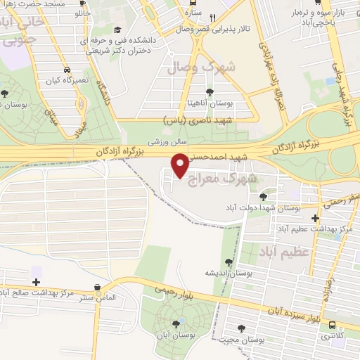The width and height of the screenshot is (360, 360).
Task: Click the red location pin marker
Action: [180, 165]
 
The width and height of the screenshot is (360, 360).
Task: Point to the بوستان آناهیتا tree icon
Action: [209, 91]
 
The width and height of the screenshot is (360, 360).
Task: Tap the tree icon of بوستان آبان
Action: [175, 323]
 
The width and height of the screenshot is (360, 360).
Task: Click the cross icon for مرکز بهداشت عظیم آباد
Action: [316, 219]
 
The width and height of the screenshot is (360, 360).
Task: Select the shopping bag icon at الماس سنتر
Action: [96, 287]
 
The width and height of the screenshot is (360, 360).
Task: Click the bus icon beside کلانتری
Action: [332, 326]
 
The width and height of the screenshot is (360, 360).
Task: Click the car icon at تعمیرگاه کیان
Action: [66, 70]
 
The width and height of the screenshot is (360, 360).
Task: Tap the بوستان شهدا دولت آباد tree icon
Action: [263, 196]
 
